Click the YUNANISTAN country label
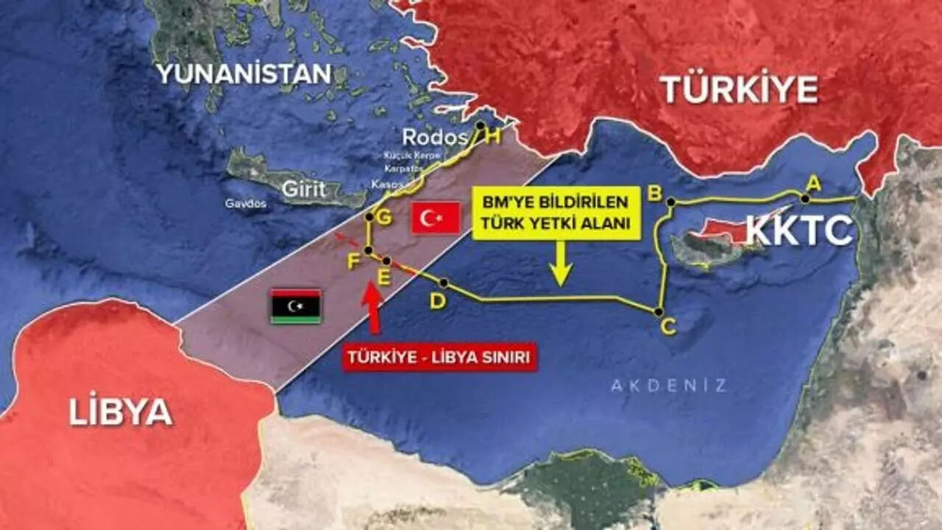click(x=244, y=74)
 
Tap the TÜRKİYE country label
click(x=739, y=90)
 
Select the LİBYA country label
click(x=121, y=411)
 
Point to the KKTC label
click(x=799, y=231)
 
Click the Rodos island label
click(x=435, y=138)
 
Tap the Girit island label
click(x=304, y=189)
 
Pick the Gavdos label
click(x=246, y=204)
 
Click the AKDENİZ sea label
click(x=668, y=385)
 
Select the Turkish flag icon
click(x=436, y=218)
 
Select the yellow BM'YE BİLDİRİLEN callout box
click(x=556, y=213)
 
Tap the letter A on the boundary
click(x=813, y=183)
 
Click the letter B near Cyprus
click(x=653, y=194)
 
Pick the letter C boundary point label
click(x=668, y=326)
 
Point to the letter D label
click(x=438, y=301)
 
